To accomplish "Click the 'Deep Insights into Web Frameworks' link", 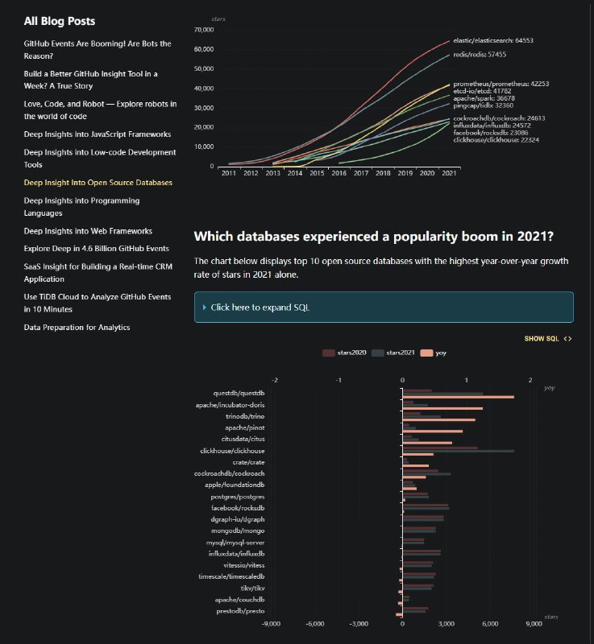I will coord(88,231).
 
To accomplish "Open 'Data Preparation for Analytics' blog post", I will coord(77,328).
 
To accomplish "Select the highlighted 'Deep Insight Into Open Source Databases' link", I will coord(98,183).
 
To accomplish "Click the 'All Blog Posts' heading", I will coord(59,21).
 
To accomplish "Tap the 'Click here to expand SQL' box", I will coord(384,308).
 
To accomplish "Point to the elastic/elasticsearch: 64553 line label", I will coord(493,40).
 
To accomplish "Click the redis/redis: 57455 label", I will coord(480,55).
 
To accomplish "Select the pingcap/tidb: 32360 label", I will coord(483,105).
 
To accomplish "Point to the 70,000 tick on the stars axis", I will coord(202,30).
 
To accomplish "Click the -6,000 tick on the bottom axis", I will coord(315,624).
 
